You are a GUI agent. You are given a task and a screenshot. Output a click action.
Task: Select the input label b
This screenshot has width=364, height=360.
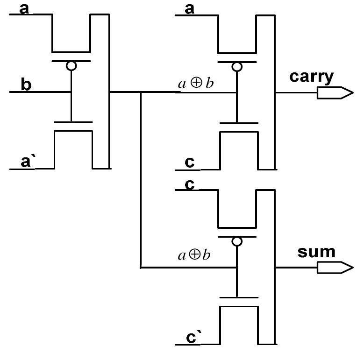(x=26, y=85)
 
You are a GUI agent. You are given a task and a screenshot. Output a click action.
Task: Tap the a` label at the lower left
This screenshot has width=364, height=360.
(x=27, y=162)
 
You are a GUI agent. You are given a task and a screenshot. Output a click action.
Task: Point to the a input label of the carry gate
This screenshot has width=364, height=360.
(x=190, y=8)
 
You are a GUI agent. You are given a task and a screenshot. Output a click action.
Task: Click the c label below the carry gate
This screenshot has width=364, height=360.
(x=190, y=162)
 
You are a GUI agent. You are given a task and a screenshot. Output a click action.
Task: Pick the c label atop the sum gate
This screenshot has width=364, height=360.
(x=190, y=184)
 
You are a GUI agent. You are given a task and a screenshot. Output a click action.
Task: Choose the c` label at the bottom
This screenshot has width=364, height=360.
(x=192, y=338)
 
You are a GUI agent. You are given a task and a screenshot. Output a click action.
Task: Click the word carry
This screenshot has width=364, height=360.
(x=311, y=76)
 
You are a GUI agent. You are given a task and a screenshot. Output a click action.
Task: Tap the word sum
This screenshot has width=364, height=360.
(x=316, y=252)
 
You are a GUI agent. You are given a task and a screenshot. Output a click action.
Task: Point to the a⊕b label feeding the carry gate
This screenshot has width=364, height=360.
(x=196, y=84)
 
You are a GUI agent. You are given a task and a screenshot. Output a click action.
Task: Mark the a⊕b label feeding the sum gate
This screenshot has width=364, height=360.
(x=194, y=255)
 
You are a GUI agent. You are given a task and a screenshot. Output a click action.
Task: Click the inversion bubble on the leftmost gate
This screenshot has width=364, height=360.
(x=71, y=66)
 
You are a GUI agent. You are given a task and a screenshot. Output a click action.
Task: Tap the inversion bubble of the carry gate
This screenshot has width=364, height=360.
(x=237, y=66)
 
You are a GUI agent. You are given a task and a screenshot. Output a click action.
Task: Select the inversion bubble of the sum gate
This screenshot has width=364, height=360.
(x=237, y=241)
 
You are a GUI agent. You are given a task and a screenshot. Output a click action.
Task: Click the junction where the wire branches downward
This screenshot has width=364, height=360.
(x=141, y=92)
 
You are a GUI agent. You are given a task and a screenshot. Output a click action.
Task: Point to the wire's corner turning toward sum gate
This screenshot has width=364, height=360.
(x=141, y=268)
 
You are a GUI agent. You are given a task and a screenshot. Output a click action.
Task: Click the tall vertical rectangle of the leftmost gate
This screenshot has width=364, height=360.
(x=100, y=91)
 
